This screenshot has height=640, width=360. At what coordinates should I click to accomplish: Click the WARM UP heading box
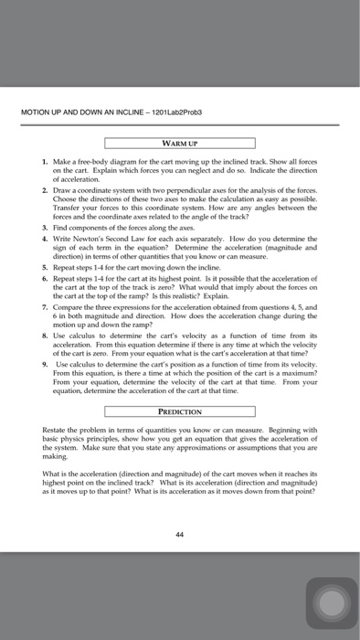[178, 143]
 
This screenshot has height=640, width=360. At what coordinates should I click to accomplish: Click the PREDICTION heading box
[178, 411]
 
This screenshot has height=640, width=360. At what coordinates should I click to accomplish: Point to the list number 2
[58, 187]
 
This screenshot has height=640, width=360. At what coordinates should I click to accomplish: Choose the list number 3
[58, 225]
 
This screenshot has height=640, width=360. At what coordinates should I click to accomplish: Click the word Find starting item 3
[73, 225]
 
